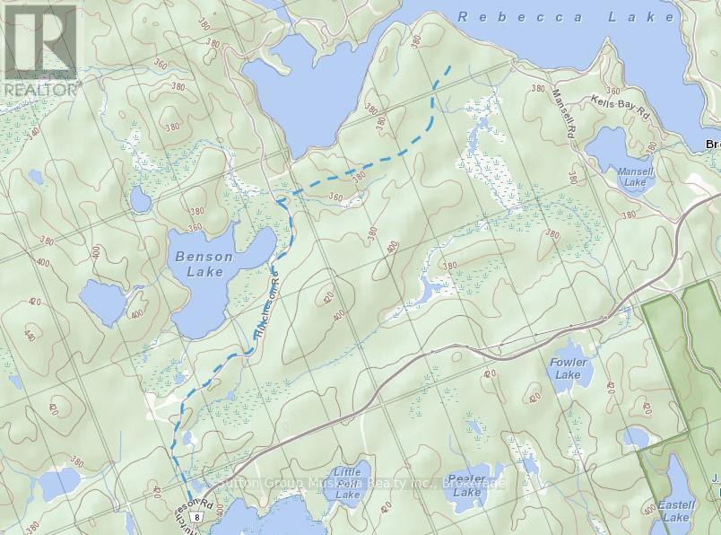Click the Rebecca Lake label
pyautogui.click(x=565, y=17)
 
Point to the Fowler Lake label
pyautogui.click(x=567, y=369)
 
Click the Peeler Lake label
pyautogui.click(x=467, y=486)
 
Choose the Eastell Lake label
pyautogui.click(x=674, y=512)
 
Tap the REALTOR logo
pyautogui.click(x=41, y=50)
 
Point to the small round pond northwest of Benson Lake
pyautogui.click(x=140, y=198)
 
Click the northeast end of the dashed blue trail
pyautogui.click(x=451, y=66)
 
